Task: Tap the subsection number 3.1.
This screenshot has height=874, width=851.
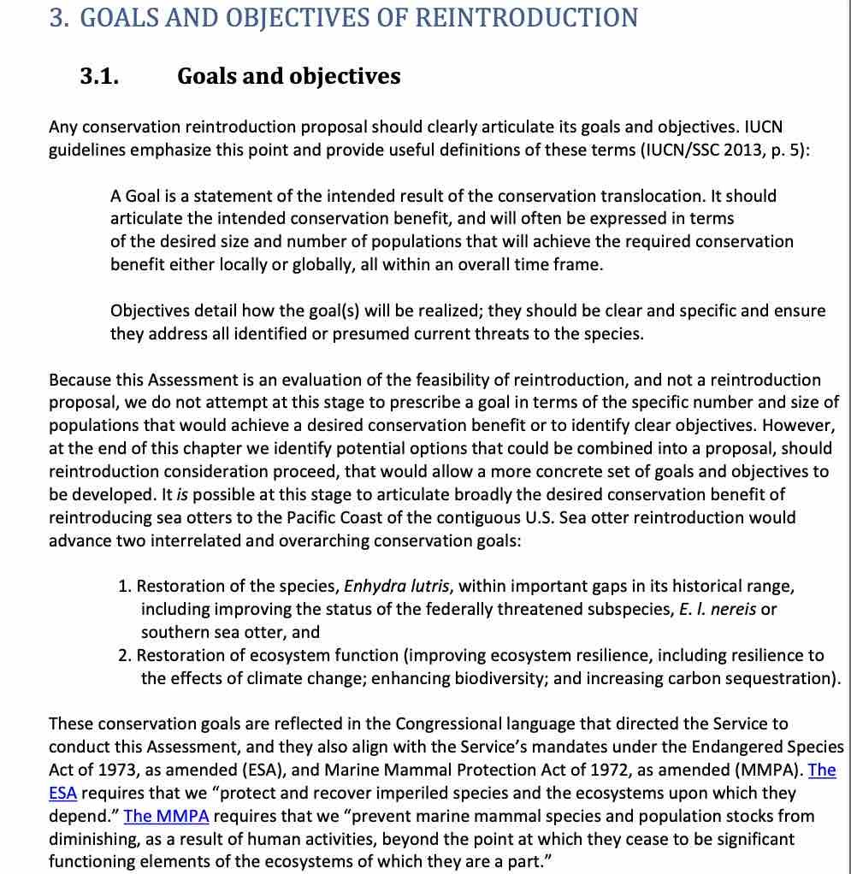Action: pyautogui.click(x=99, y=76)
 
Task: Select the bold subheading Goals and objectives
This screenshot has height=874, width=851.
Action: pyautogui.click(x=288, y=76)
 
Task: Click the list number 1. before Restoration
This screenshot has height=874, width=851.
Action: pyautogui.click(x=125, y=587)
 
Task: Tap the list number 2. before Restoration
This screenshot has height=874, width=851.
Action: pyautogui.click(x=125, y=656)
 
